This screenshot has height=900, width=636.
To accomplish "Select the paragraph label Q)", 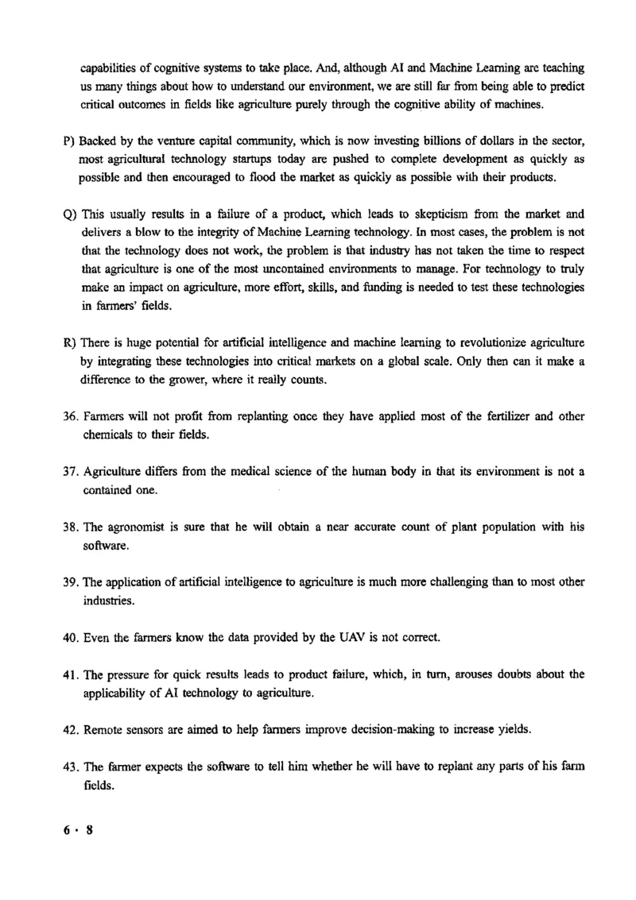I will click(x=68, y=214).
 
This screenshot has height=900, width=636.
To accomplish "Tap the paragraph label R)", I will click(x=68, y=343).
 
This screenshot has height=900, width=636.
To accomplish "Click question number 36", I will click(x=70, y=417).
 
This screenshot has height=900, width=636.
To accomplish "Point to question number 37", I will click(x=70, y=472).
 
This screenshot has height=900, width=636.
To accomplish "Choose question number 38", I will click(x=70, y=527).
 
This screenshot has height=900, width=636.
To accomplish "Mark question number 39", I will click(x=70, y=582).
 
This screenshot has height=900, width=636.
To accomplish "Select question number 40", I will click(x=70, y=637).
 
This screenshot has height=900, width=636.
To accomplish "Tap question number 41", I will click(x=70, y=674).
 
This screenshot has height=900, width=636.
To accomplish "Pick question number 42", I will click(x=70, y=729).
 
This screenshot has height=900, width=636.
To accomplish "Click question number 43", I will click(x=70, y=766).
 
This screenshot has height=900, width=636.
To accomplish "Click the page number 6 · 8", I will click(x=79, y=830).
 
